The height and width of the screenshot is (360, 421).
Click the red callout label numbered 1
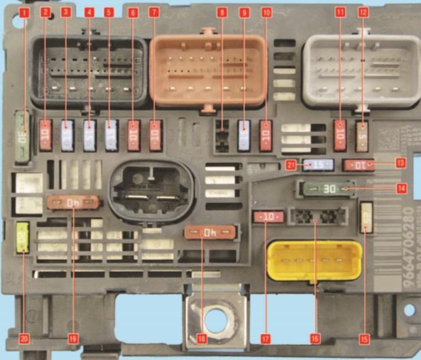pos(24,12)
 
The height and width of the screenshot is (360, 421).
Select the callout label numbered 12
pos(364,12)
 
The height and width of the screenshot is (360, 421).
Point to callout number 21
pos(292,164)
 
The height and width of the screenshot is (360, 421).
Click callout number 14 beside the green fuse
pos(402,187)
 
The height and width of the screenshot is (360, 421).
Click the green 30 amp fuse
pos(326,188)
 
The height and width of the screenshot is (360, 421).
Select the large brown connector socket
pos(209,68)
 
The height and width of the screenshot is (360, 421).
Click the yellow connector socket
pos(314,260)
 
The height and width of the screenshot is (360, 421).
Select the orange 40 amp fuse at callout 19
pos(74,202)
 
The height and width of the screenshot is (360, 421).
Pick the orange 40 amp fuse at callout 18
pos(211,233)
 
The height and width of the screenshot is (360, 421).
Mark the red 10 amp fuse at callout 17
pos(268,216)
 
